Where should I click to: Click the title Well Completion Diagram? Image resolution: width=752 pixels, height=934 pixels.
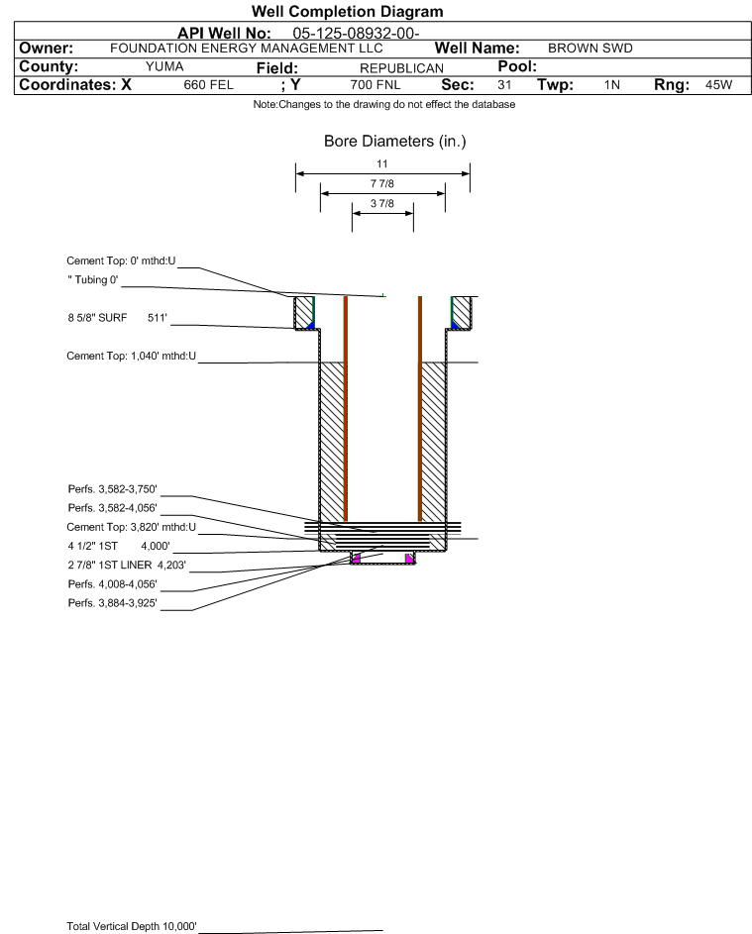[348, 11]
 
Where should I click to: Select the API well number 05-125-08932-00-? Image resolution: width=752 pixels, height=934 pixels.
[356, 34]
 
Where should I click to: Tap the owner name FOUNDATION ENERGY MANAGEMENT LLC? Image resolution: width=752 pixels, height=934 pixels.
[247, 49]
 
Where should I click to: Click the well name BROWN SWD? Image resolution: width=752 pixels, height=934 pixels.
[590, 49]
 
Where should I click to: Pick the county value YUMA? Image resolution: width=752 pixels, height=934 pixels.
[164, 66]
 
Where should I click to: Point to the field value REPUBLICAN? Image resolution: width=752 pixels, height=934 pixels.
[401, 68]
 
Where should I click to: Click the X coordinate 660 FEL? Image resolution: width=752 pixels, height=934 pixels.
[208, 85]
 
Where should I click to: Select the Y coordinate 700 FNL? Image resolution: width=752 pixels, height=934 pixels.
[376, 85]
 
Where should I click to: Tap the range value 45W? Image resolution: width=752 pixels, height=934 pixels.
[718, 84]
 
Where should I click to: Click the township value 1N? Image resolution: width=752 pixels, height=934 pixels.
[612, 85]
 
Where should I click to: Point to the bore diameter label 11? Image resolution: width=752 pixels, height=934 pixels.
[382, 163]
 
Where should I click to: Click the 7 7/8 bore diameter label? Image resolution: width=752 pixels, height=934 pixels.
[382, 183]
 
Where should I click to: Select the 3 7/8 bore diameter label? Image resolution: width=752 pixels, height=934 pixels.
[382, 203]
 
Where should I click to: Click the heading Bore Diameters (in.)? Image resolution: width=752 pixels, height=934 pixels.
[395, 142]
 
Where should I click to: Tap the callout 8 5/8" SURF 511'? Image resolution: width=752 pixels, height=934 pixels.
[117, 318]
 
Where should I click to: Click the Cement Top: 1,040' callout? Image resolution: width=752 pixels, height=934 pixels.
[131, 357]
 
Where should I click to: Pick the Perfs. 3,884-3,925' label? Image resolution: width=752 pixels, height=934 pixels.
[113, 603]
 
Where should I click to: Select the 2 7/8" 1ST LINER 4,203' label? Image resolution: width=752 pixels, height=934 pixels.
[127, 566]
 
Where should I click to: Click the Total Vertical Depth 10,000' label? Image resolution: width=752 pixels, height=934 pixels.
[132, 926]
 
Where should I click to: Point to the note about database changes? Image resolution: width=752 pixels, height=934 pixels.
[384, 104]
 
